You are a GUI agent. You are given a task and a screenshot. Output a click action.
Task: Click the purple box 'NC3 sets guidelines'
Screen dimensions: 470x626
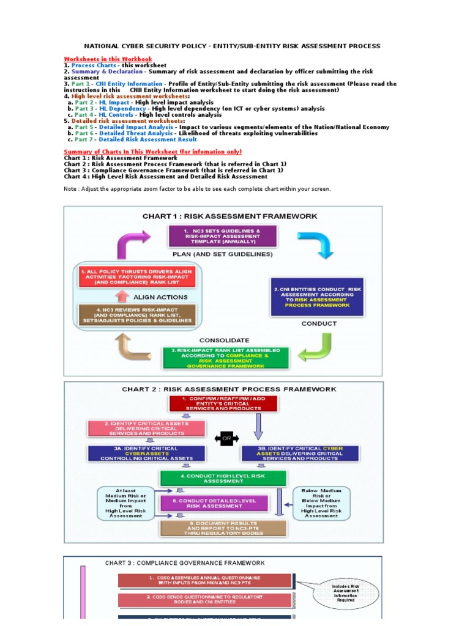(223, 236)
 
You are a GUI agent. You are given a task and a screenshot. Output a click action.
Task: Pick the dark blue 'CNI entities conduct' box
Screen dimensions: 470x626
(316, 296)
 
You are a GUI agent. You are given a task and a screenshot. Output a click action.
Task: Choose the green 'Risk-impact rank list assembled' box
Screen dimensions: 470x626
(225, 358)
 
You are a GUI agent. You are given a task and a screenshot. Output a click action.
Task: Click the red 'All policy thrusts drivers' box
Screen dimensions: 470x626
(136, 277)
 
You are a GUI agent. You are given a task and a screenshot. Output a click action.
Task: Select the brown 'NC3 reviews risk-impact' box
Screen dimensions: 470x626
(136, 313)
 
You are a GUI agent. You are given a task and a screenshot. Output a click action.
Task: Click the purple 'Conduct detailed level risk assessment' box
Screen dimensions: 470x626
(214, 503)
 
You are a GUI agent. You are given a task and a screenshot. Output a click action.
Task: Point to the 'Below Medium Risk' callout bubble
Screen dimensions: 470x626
(322, 503)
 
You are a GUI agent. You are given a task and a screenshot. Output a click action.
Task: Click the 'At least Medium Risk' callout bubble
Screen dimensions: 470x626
(125, 503)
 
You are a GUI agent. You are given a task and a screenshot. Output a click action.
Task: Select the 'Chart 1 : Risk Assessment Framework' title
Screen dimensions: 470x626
(229, 216)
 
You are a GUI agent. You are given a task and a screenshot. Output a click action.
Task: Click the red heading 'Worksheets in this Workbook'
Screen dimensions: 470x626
(108, 59)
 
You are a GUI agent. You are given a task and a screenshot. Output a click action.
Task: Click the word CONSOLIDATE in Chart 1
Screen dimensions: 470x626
(224, 340)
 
